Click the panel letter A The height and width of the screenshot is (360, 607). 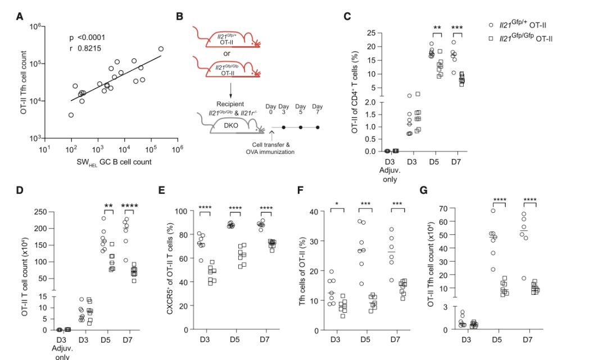pos(20,16)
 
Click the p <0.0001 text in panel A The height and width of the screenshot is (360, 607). pos(87,38)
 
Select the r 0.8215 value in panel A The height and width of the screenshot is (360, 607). pos(85,48)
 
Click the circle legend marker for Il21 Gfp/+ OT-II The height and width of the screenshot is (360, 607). pos(491,25)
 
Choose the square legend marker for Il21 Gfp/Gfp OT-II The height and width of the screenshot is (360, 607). pos(491,38)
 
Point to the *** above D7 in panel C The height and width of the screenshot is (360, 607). pos(456,27)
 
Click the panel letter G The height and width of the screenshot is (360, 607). pos(425,189)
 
